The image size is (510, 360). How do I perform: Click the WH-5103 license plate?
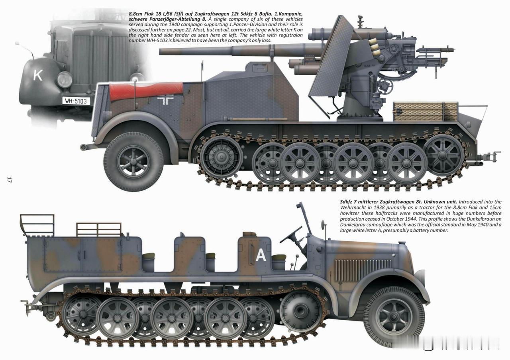[76, 101]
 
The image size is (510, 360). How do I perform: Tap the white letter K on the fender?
[38, 75]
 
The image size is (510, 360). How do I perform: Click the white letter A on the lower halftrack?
[261, 254]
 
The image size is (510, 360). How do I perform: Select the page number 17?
[9, 180]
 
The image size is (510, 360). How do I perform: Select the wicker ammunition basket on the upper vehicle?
[425, 111]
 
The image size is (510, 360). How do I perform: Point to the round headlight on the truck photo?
[65, 80]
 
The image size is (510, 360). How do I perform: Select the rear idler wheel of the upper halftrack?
[443, 155]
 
